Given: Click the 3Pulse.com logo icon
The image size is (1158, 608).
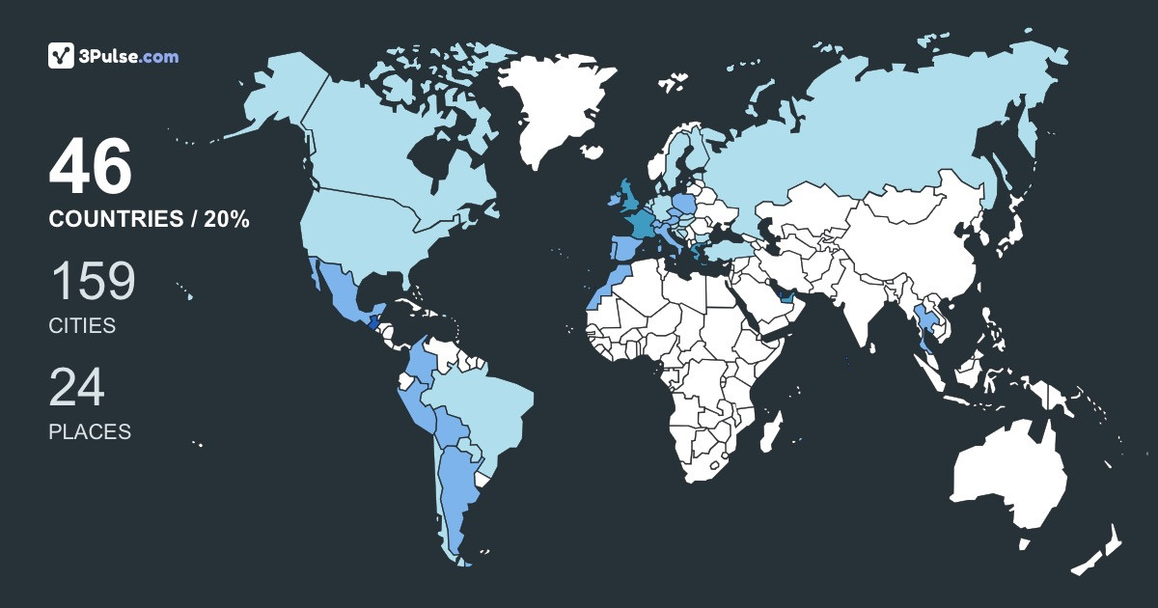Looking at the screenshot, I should pyautogui.click(x=62, y=56).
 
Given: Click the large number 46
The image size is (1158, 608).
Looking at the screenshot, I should pyautogui.click(x=90, y=168).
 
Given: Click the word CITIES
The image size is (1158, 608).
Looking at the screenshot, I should pyautogui.click(x=82, y=326).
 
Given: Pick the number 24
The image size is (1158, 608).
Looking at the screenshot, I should pyautogui.click(x=76, y=388).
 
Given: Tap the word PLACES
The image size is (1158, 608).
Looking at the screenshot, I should pyautogui.click(x=90, y=432).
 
